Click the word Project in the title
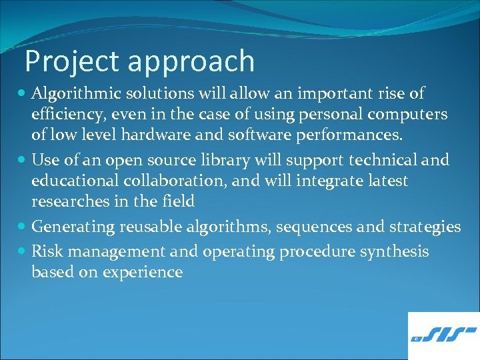click(x=72, y=61)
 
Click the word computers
click(x=411, y=115)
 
